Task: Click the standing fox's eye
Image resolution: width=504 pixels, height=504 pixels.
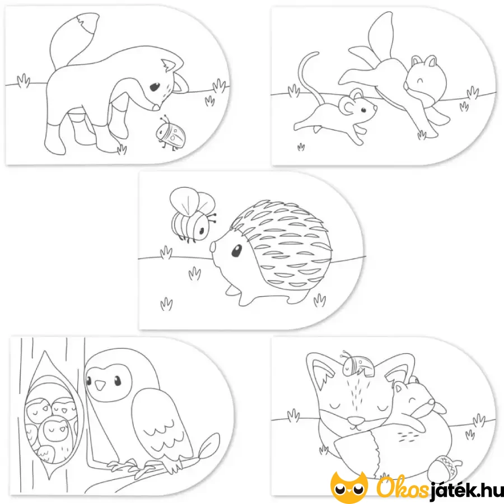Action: [x=155, y=87]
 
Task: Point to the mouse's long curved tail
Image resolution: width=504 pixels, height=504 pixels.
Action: [x=304, y=76]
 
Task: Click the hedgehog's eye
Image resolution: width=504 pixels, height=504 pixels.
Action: [x=236, y=251]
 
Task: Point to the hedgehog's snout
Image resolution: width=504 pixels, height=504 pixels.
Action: [x=213, y=248]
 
